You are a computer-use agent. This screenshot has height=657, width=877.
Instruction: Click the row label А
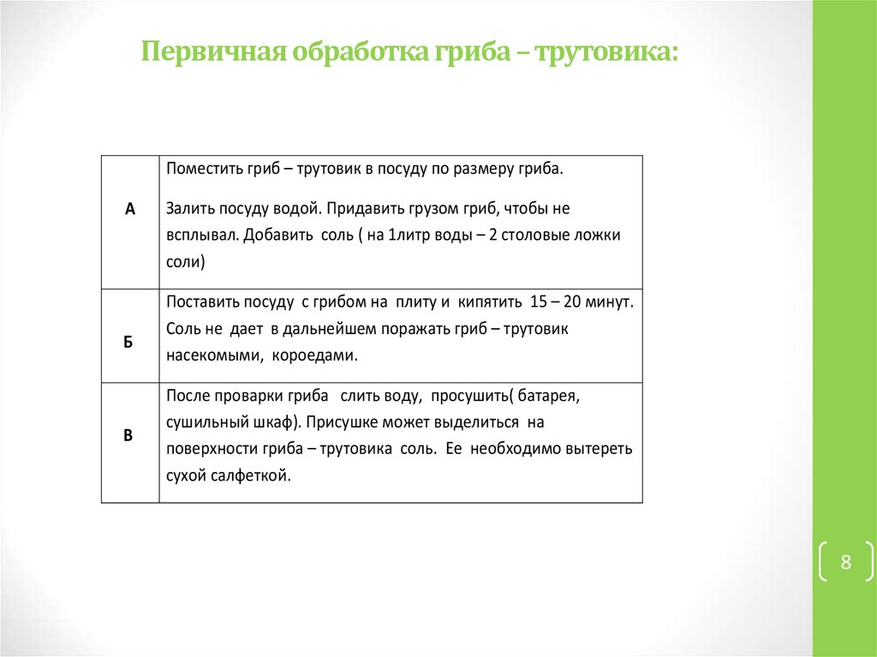(x=130, y=208)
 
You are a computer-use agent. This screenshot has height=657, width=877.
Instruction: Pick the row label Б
(x=128, y=341)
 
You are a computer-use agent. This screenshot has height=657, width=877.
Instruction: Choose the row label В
(x=128, y=435)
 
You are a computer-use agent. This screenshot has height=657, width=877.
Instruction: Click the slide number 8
(x=846, y=563)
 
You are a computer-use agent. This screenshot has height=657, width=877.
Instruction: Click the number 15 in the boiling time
(x=539, y=302)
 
